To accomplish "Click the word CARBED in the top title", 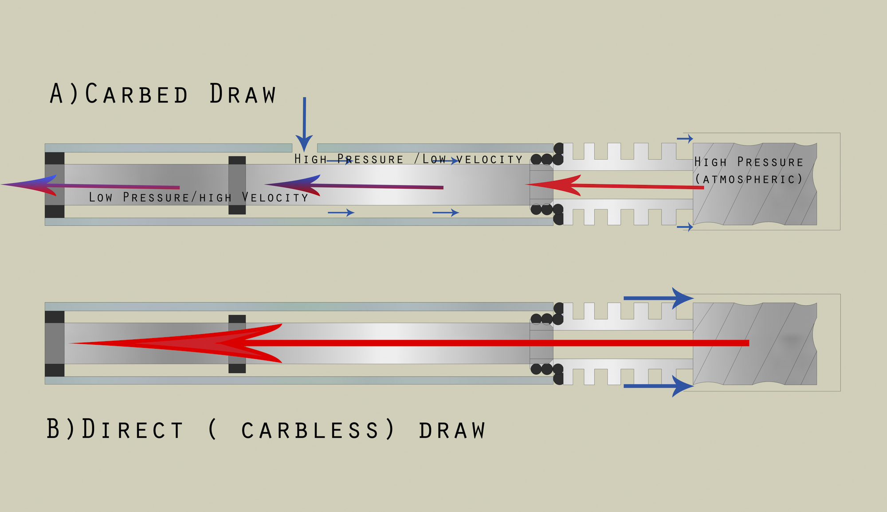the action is click(137, 94).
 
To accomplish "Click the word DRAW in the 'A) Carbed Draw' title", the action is click(243, 94).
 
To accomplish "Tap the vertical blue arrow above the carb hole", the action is click(304, 125).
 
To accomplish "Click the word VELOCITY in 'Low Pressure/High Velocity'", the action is click(275, 197).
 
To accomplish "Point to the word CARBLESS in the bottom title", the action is click(310, 430).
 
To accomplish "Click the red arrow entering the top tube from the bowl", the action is click(615, 185).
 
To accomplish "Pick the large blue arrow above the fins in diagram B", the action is click(659, 298).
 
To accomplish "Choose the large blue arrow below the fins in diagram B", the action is click(659, 386).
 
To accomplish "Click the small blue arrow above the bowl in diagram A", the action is click(685, 139).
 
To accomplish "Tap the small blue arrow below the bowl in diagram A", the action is click(685, 227).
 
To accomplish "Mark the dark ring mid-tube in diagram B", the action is click(237, 344).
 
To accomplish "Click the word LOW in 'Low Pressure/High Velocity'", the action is click(101, 197).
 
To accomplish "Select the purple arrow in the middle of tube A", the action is click(354, 185).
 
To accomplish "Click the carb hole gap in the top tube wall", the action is click(305, 148).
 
